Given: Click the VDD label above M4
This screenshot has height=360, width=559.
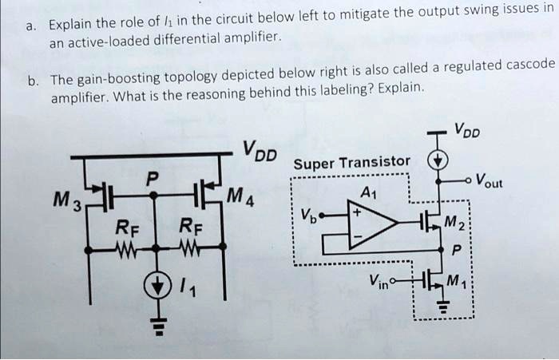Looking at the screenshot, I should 260,149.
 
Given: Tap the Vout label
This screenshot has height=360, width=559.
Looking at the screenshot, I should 495,180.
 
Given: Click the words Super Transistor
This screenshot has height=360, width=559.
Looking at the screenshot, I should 351,165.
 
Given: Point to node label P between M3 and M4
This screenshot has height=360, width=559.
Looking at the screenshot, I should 153,176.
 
